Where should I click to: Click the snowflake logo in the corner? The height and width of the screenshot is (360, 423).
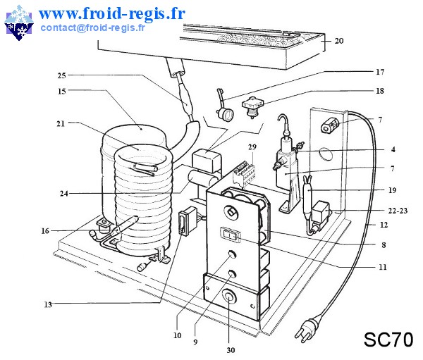tap(19, 23)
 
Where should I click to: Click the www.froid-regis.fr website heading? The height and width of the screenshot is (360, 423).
tap(112, 13)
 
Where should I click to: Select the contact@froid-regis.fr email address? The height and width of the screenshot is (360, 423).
tap(92, 27)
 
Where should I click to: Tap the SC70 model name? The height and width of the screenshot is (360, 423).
tap(388, 340)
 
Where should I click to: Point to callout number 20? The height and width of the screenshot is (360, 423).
tap(339, 41)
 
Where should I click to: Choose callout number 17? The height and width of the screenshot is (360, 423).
tap(380, 72)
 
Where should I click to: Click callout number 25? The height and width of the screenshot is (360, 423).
tap(62, 75)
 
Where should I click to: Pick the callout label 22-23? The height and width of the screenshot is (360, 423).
tap(398, 211)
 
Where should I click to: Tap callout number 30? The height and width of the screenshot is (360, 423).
tap(231, 350)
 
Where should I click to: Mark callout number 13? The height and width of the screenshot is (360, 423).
tap(48, 304)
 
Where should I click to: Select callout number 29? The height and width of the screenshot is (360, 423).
tap(252, 147)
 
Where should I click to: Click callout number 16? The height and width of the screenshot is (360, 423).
tap(45, 231)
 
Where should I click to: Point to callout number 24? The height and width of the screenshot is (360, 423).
tap(64, 193)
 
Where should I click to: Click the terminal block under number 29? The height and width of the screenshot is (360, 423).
tap(244, 174)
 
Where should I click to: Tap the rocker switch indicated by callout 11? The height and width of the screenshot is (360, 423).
tap(230, 235)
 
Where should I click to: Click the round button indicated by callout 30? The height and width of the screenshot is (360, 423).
tap(229, 297)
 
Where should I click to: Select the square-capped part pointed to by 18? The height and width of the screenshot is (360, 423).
tap(252, 108)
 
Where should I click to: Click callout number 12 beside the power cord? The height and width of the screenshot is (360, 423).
tap(384, 225)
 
